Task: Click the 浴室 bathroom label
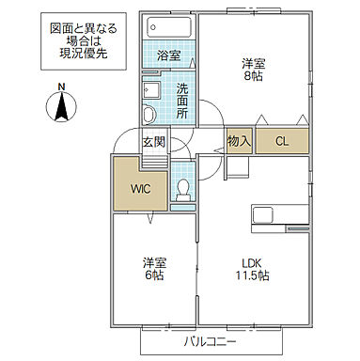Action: [168, 55]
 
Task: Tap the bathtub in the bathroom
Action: [168, 28]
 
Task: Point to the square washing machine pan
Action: [152, 91]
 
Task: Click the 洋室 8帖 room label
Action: [252, 71]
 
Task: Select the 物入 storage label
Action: [239, 141]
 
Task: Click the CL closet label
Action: [281, 141]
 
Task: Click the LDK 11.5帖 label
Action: [251, 269]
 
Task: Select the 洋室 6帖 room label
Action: [155, 269]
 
